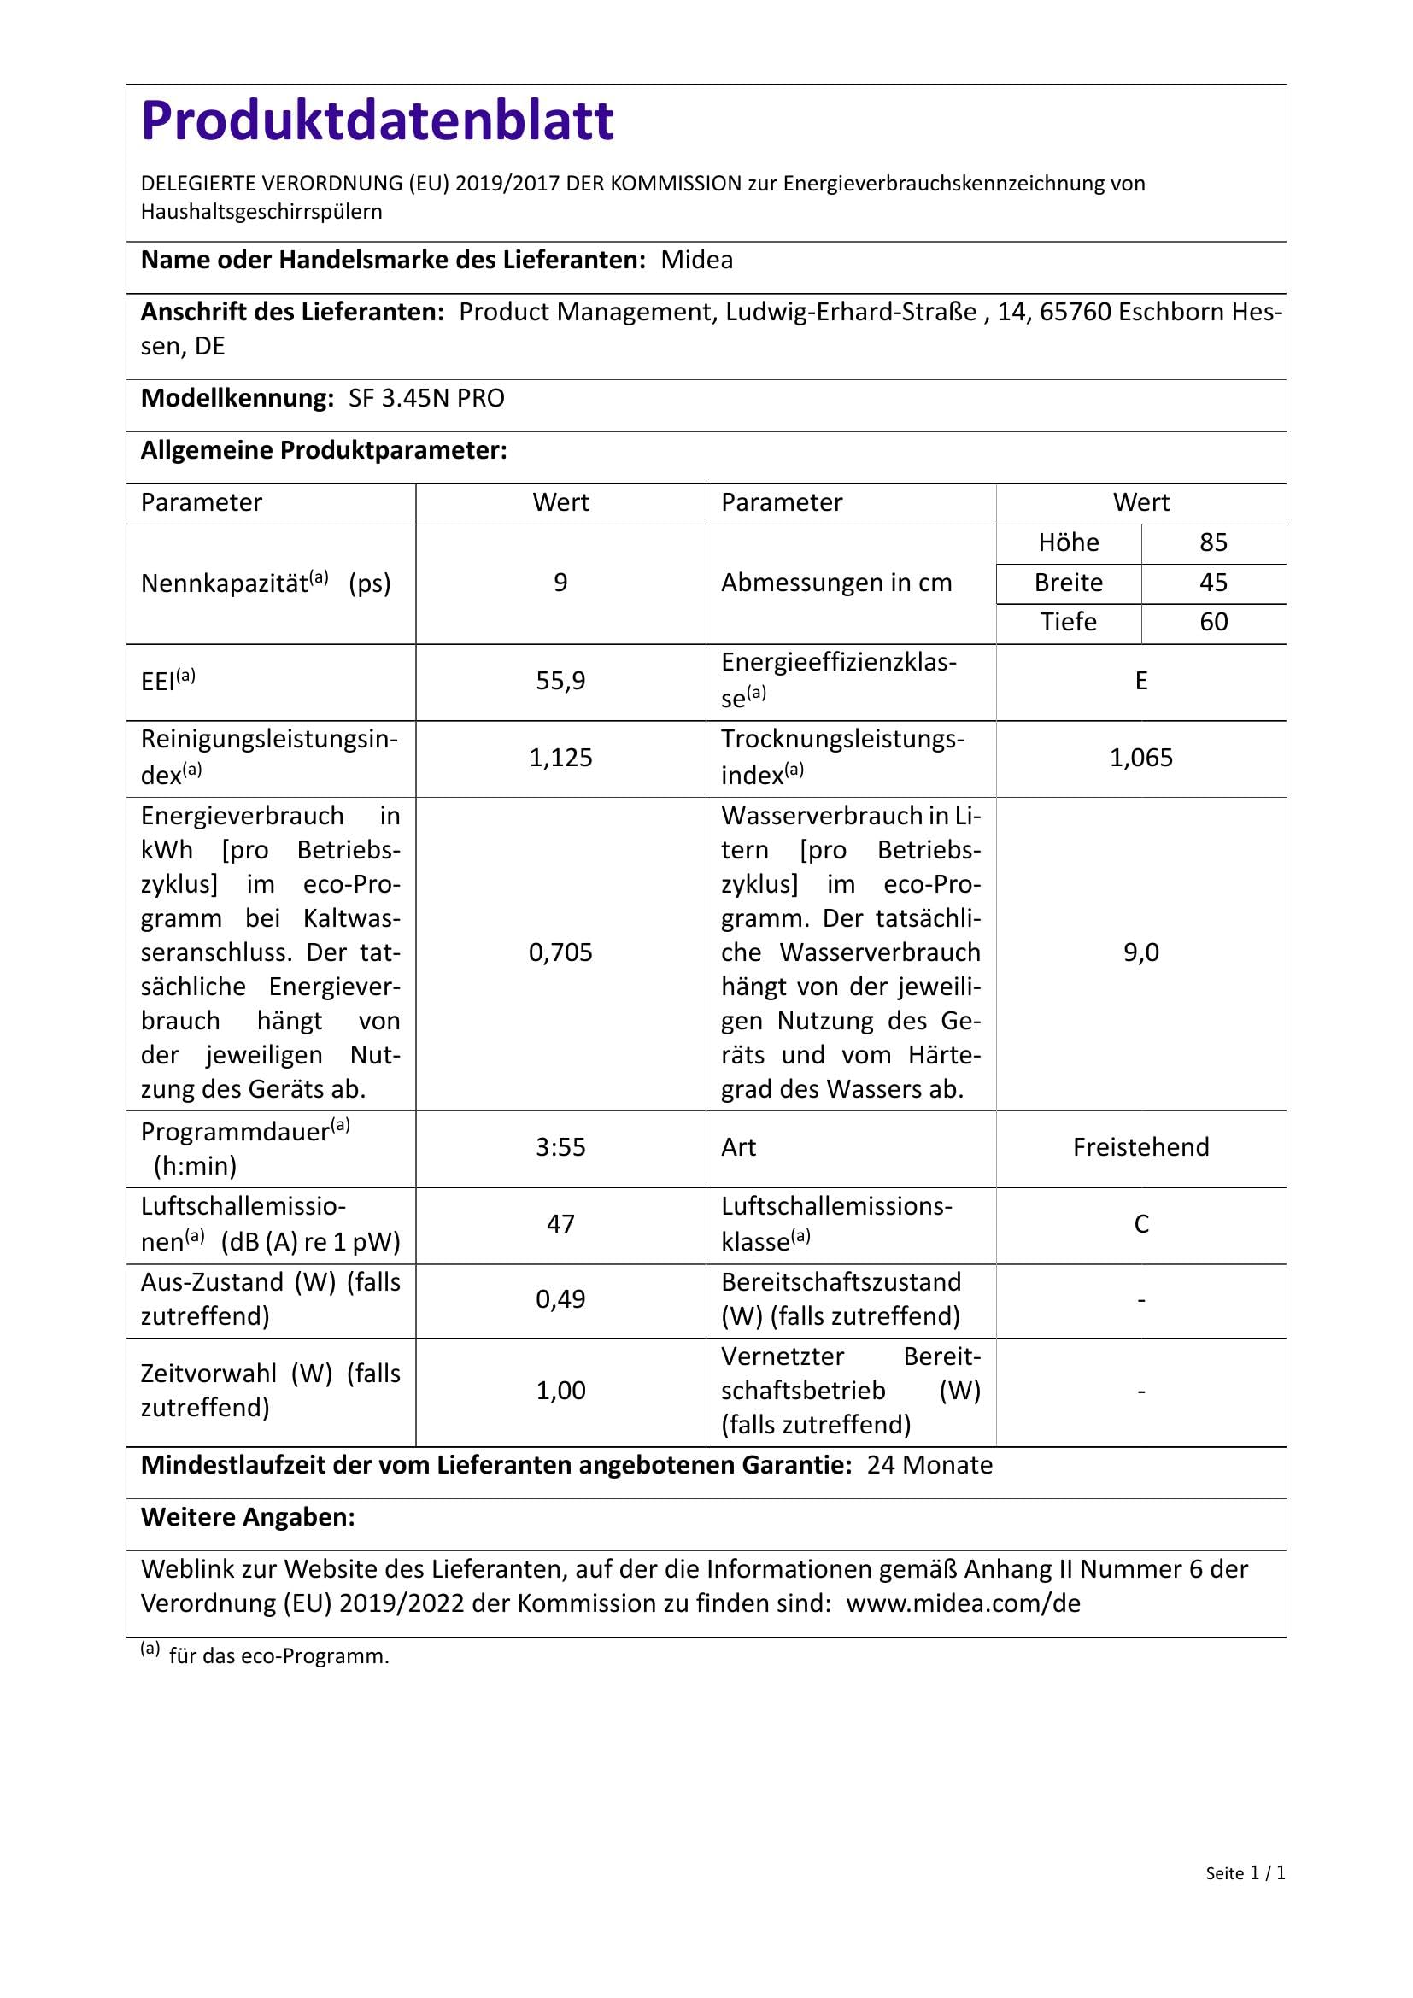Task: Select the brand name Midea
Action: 696,261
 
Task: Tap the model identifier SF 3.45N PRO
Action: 426,399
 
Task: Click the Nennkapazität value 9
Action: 560,583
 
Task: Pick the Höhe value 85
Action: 1213,543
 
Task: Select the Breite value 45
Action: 1213,583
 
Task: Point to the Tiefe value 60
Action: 1213,622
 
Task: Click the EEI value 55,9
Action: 560,681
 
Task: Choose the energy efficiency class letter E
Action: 1140,681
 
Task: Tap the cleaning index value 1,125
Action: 560,758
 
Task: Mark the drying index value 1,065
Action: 1140,758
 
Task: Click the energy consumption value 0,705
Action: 560,953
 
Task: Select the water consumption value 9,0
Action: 1140,953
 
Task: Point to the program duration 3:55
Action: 560,1147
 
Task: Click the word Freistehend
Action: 1140,1147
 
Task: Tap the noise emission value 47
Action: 560,1224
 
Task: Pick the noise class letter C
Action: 1140,1224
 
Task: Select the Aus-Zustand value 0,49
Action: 560,1300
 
